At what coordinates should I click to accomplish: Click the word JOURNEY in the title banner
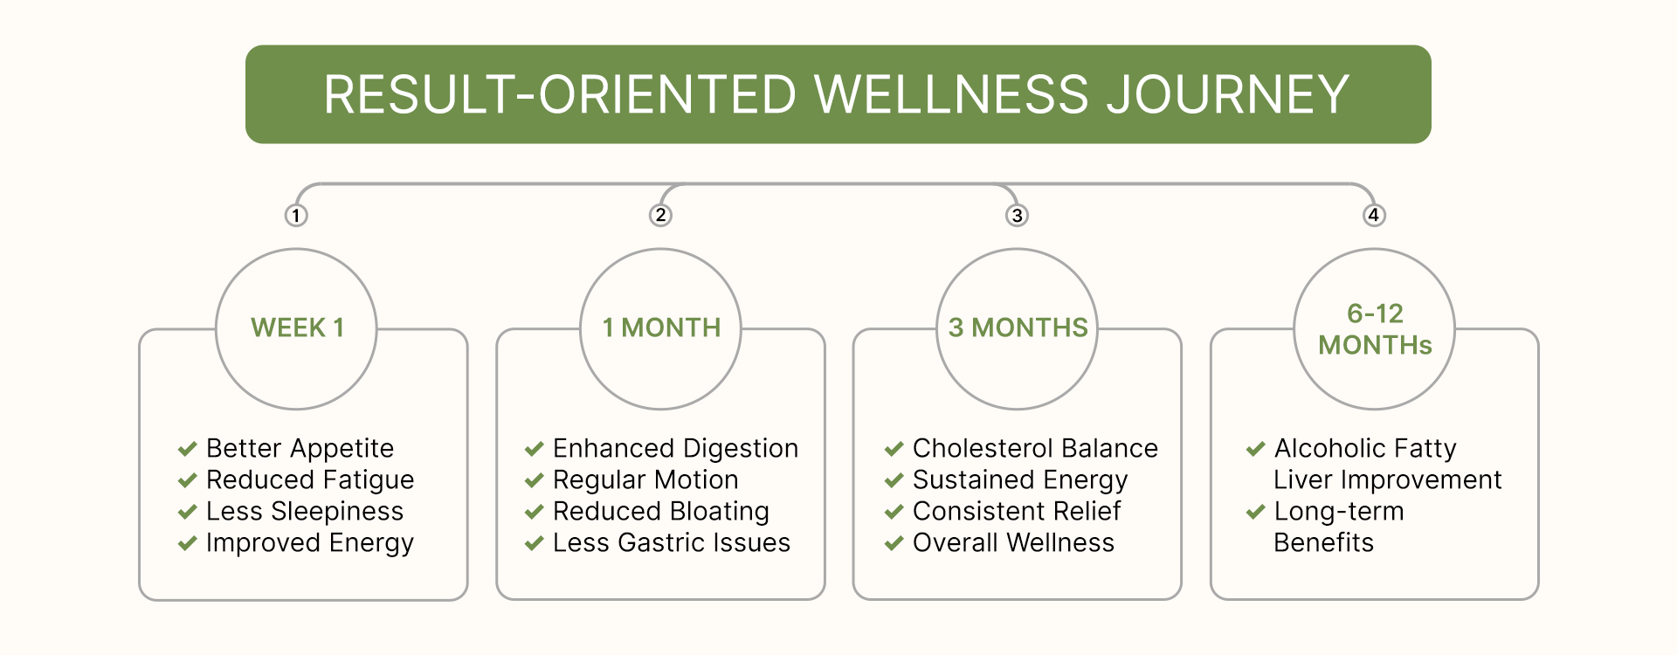1228,94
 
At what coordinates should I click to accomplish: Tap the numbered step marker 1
296,215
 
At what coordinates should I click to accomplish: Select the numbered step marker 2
660,215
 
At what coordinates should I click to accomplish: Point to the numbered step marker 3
1017,215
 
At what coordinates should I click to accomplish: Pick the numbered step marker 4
1374,215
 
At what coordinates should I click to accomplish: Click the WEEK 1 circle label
297,327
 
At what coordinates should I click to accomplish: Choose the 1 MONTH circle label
661,327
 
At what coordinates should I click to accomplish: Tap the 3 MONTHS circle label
1018,327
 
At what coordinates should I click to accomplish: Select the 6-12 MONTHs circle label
1375,329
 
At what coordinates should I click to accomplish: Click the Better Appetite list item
300,448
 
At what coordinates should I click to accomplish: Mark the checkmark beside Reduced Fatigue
187,480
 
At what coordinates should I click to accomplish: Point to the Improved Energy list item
309,543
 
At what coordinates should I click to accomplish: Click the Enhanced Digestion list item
675,448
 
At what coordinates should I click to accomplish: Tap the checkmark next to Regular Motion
534,480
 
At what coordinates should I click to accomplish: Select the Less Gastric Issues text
671,542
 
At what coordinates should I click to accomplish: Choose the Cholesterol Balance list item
1035,448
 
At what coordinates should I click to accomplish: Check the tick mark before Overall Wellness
894,543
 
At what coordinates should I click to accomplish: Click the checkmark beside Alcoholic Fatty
1255,449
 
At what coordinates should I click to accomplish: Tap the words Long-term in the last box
1338,511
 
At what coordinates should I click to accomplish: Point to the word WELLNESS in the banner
952,94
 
